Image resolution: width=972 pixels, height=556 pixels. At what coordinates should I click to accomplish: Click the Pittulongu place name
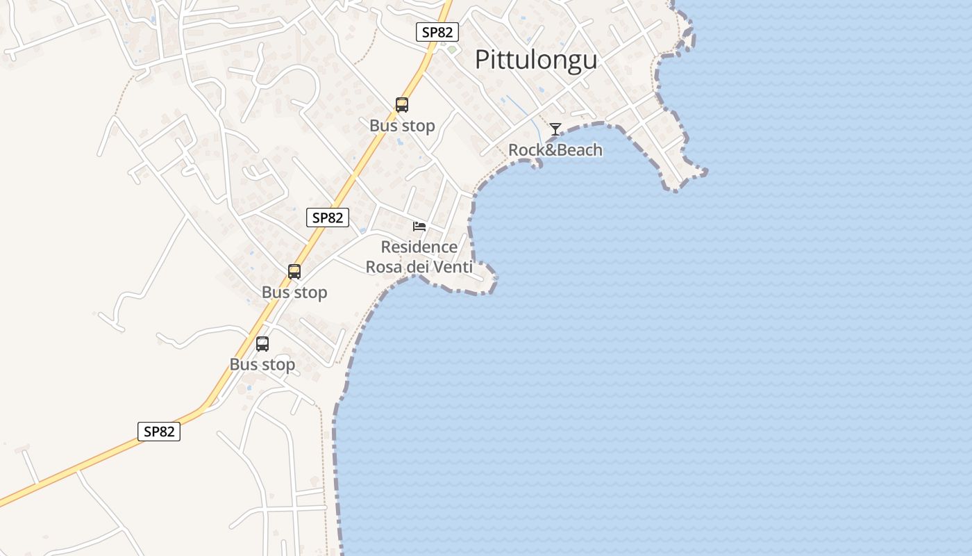point(535,60)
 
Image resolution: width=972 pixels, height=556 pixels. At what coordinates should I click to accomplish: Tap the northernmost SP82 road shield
point(437,32)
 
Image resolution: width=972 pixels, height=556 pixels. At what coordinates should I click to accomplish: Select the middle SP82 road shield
point(327,218)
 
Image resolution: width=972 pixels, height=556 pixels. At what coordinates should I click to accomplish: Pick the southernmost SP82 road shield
point(159,432)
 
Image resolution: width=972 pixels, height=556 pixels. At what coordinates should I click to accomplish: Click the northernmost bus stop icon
point(401,105)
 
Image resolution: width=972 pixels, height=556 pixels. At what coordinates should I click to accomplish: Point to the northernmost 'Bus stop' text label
point(402,126)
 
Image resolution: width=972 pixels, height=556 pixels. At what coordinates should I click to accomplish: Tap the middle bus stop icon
point(294,272)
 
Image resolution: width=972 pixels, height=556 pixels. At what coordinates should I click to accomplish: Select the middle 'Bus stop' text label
point(294,293)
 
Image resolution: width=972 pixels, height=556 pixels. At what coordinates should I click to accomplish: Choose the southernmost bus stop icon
point(262,343)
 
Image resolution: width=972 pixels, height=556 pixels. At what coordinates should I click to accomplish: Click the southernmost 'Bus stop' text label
point(262,364)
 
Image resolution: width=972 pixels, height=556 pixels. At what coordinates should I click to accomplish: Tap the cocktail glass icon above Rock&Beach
point(555,129)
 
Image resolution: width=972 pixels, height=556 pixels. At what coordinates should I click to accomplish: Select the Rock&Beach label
point(555,150)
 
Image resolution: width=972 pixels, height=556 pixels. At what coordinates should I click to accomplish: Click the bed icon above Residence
point(419,227)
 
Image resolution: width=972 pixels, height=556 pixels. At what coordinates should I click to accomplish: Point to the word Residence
point(419,247)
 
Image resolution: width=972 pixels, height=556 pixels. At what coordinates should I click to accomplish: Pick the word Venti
point(452,267)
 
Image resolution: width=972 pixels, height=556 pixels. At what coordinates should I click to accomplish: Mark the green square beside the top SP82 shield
point(452,49)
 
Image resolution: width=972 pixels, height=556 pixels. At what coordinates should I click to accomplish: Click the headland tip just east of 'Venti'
point(494,278)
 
